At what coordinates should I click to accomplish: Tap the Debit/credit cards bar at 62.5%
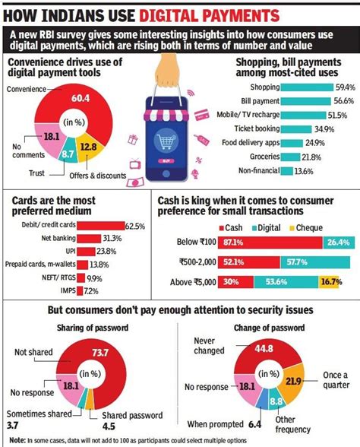(101, 226)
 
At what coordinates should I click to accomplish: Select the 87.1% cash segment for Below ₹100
(227, 243)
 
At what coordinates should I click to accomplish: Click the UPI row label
(68, 250)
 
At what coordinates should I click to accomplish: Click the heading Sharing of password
(89, 327)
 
